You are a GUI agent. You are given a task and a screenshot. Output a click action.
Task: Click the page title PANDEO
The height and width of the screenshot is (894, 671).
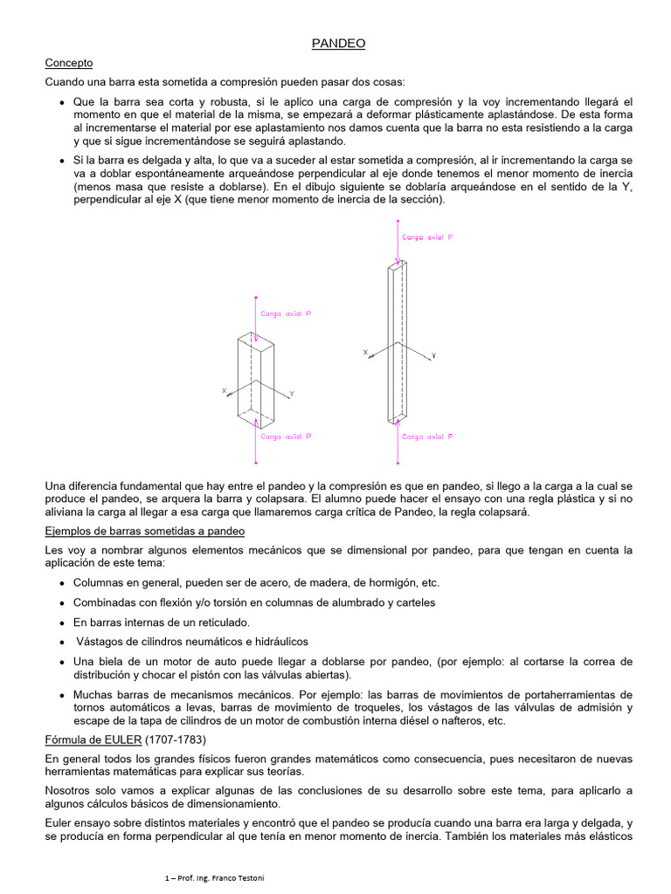coord(339,43)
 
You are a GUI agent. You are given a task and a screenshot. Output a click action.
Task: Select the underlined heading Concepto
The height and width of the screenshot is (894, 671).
coord(68,63)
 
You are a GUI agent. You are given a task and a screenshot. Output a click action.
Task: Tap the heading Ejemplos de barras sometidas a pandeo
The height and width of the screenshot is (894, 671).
coord(144,531)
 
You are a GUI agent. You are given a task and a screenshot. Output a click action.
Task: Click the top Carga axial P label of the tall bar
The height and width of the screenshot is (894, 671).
coord(427,237)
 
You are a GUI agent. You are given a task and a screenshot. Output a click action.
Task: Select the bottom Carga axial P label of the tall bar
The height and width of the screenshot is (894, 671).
coord(427,436)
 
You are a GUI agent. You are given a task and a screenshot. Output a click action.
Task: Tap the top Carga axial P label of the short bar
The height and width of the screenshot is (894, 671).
coord(286,313)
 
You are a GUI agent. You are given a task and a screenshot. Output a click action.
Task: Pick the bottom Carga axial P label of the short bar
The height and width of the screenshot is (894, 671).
coord(286,436)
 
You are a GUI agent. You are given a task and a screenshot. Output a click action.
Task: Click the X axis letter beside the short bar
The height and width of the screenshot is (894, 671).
coord(224,390)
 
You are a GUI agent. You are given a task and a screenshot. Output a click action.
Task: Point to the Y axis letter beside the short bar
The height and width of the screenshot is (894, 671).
coord(292,395)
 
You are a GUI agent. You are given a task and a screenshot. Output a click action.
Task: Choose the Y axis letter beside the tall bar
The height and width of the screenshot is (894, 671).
coord(433,356)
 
